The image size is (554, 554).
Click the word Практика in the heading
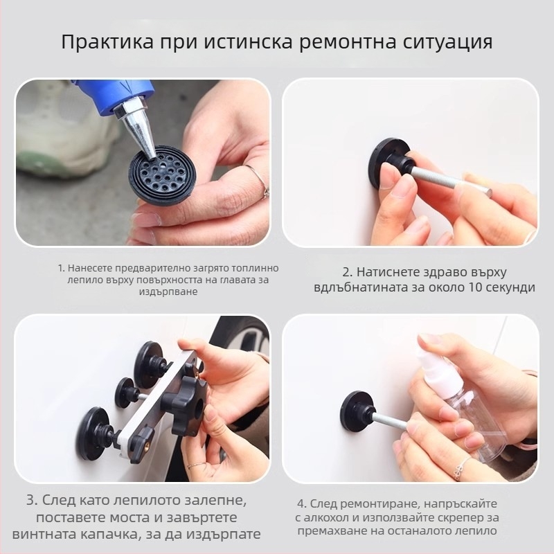click(x=107, y=42)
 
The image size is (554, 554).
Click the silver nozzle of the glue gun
click(x=138, y=127)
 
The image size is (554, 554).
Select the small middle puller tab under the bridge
click(x=128, y=393)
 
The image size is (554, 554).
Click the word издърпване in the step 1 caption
click(x=168, y=292)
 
